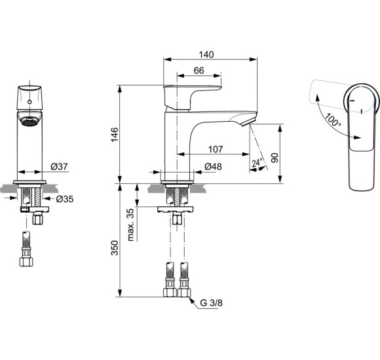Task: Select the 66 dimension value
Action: click(200, 70)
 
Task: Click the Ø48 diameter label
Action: click(213, 167)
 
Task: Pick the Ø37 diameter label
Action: click(59, 167)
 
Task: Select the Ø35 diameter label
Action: click(64, 198)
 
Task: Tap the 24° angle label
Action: click(257, 162)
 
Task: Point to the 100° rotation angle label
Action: click(333, 122)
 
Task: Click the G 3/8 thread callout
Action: click(211, 303)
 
